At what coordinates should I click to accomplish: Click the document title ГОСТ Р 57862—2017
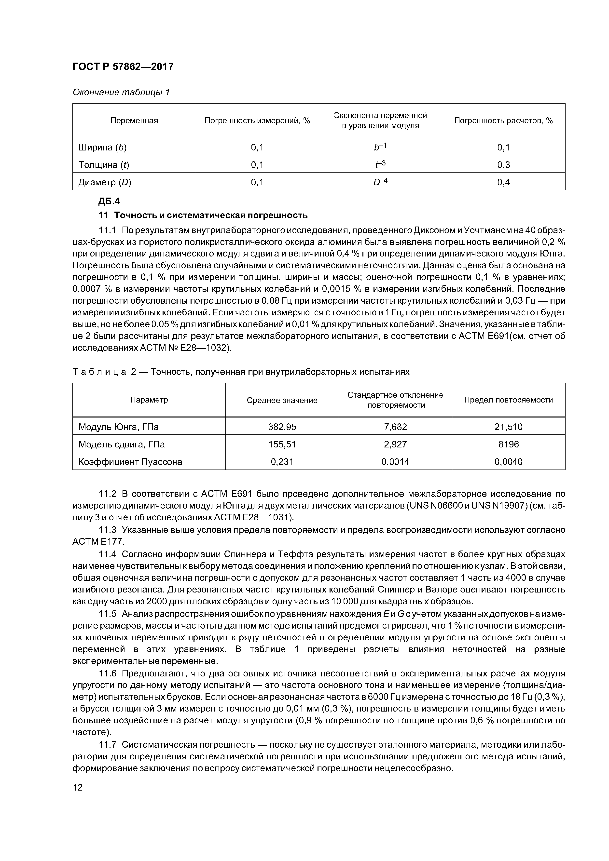tap(123, 67)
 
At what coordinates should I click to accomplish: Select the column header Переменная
tap(134, 121)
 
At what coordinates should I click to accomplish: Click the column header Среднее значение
tap(282, 400)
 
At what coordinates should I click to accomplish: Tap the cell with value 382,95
tap(282, 427)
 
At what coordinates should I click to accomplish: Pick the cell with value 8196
tap(508, 444)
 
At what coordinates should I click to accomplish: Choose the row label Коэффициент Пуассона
tap(130, 462)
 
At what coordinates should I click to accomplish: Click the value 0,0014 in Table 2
tap(395, 462)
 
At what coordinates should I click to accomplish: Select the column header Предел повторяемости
tap(508, 400)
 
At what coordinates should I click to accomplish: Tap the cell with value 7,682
tap(395, 427)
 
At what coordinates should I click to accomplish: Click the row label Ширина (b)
tap(102, 147)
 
